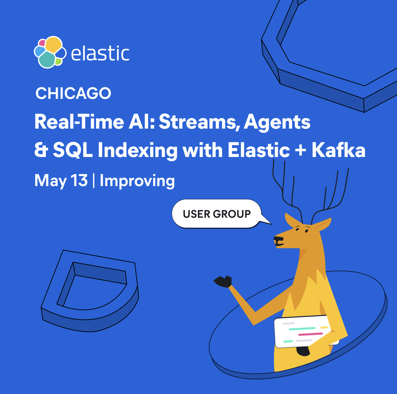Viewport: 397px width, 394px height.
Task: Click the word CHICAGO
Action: tap(73, 93)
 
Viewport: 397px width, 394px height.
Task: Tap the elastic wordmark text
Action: tap(100, 53)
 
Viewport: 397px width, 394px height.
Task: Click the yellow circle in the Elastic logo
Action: tap(53, 45)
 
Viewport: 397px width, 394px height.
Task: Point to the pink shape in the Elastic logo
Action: tap(42, 43)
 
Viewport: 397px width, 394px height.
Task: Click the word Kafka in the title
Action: tap(339, 150)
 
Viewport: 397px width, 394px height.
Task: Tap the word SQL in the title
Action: tap(73, 150)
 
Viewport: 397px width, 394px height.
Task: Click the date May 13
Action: tap(61, 181)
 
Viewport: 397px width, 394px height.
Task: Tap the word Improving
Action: tap(137, 181)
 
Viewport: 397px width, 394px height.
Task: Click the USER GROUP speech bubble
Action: tap(217, 214)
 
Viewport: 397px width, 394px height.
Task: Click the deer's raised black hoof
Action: tap(223, 281)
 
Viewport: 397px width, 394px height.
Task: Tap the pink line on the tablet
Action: tap(311, 334)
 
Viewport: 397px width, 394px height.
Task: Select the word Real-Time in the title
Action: tap(79, 122)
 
